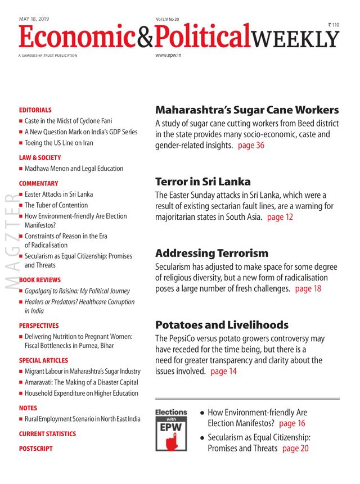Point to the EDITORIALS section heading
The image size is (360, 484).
click(35, 110)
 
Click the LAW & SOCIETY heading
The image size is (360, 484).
click(40, 158)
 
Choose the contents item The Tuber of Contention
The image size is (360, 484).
click(56, 205)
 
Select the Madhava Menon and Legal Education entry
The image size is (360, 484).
click(74, 169)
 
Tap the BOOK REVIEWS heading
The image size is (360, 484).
click(39, 280)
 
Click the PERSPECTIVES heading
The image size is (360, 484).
click(39, 325)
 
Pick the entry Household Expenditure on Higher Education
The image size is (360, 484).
click(81, 393)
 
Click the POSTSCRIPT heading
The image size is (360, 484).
click(35, 449)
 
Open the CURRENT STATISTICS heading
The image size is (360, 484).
click(47, 434)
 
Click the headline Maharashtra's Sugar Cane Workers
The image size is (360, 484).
click(247, 110)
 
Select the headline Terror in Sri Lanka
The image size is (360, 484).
click(203, 182)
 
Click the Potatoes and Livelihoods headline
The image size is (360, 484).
click(222, 325)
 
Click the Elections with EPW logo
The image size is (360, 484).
click(171, 430)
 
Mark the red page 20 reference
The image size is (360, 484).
click(295, 449)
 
